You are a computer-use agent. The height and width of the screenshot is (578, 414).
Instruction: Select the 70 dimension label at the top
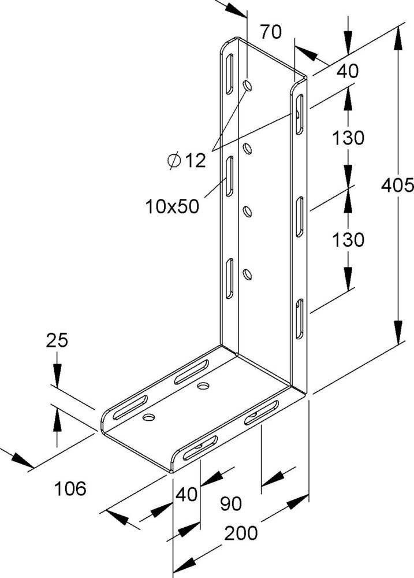tap(270, 32)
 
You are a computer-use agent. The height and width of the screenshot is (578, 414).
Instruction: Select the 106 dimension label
tap(70, 489)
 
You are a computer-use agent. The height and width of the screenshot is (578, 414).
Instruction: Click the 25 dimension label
tap(57, 341)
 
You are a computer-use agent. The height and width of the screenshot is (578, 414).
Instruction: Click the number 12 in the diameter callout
tap(195, 161)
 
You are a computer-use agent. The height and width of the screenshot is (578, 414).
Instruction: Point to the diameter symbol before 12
tap(174, 161)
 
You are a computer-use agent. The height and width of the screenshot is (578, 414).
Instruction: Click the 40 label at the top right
tap(347, 71)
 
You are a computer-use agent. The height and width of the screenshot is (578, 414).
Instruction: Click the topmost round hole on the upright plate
tap(248, 86)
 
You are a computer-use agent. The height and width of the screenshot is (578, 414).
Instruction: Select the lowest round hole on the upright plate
tap(248, 273)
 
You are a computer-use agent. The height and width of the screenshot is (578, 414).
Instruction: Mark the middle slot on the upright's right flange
tap(300, 217)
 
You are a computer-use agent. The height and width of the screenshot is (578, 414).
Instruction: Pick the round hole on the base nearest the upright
tap(203, 384)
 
